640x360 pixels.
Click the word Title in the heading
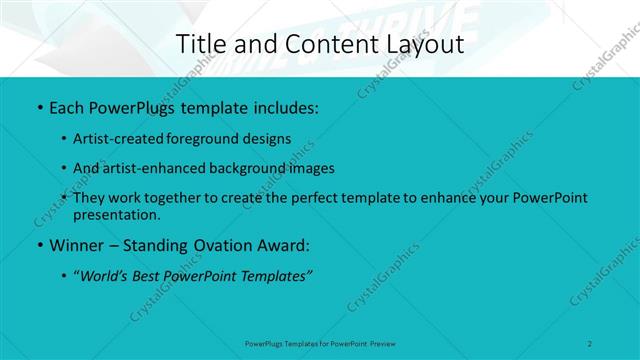tap(200, 44)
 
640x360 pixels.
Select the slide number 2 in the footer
tap(590, 343)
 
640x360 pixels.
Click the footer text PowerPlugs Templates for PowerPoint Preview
tap(320, 343)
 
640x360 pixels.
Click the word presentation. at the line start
tap(116, 214)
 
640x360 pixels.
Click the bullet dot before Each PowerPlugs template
tap(39, 107)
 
